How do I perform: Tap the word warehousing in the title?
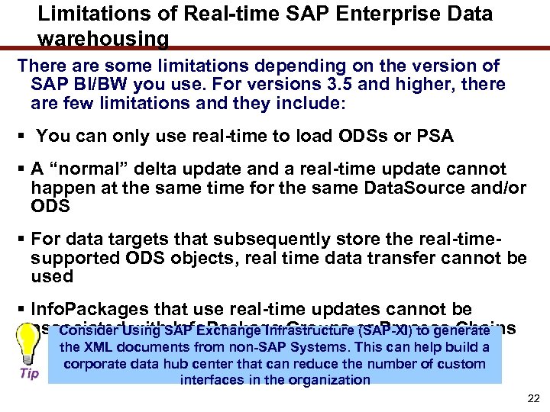click(x=103, y=38)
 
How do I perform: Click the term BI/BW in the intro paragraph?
click(x=93, y=84)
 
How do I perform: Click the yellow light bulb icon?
click(x=30, y=348)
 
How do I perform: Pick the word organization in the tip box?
click(x=331, y=380)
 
